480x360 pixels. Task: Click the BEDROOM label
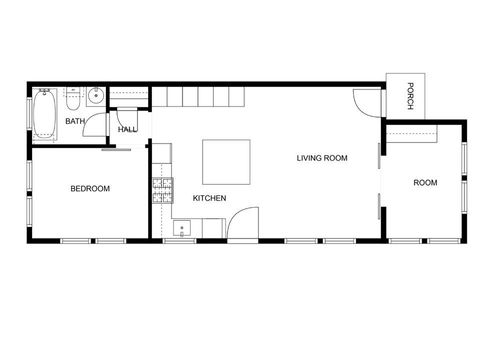tap(89, 188)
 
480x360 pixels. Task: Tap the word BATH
tap(75, 121)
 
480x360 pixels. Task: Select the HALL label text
tap(128, 129)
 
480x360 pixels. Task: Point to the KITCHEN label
tap(209, 198)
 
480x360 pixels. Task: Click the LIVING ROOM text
tap(322, 158)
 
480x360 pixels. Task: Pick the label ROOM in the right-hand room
tap(426, 183)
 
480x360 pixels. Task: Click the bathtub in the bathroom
tap(45, 113)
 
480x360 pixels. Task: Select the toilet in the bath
tap(72, 100)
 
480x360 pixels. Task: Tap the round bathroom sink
tap(94, 97)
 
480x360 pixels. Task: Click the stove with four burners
tap(162, 190)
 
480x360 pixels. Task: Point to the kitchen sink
tap(181, 229)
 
